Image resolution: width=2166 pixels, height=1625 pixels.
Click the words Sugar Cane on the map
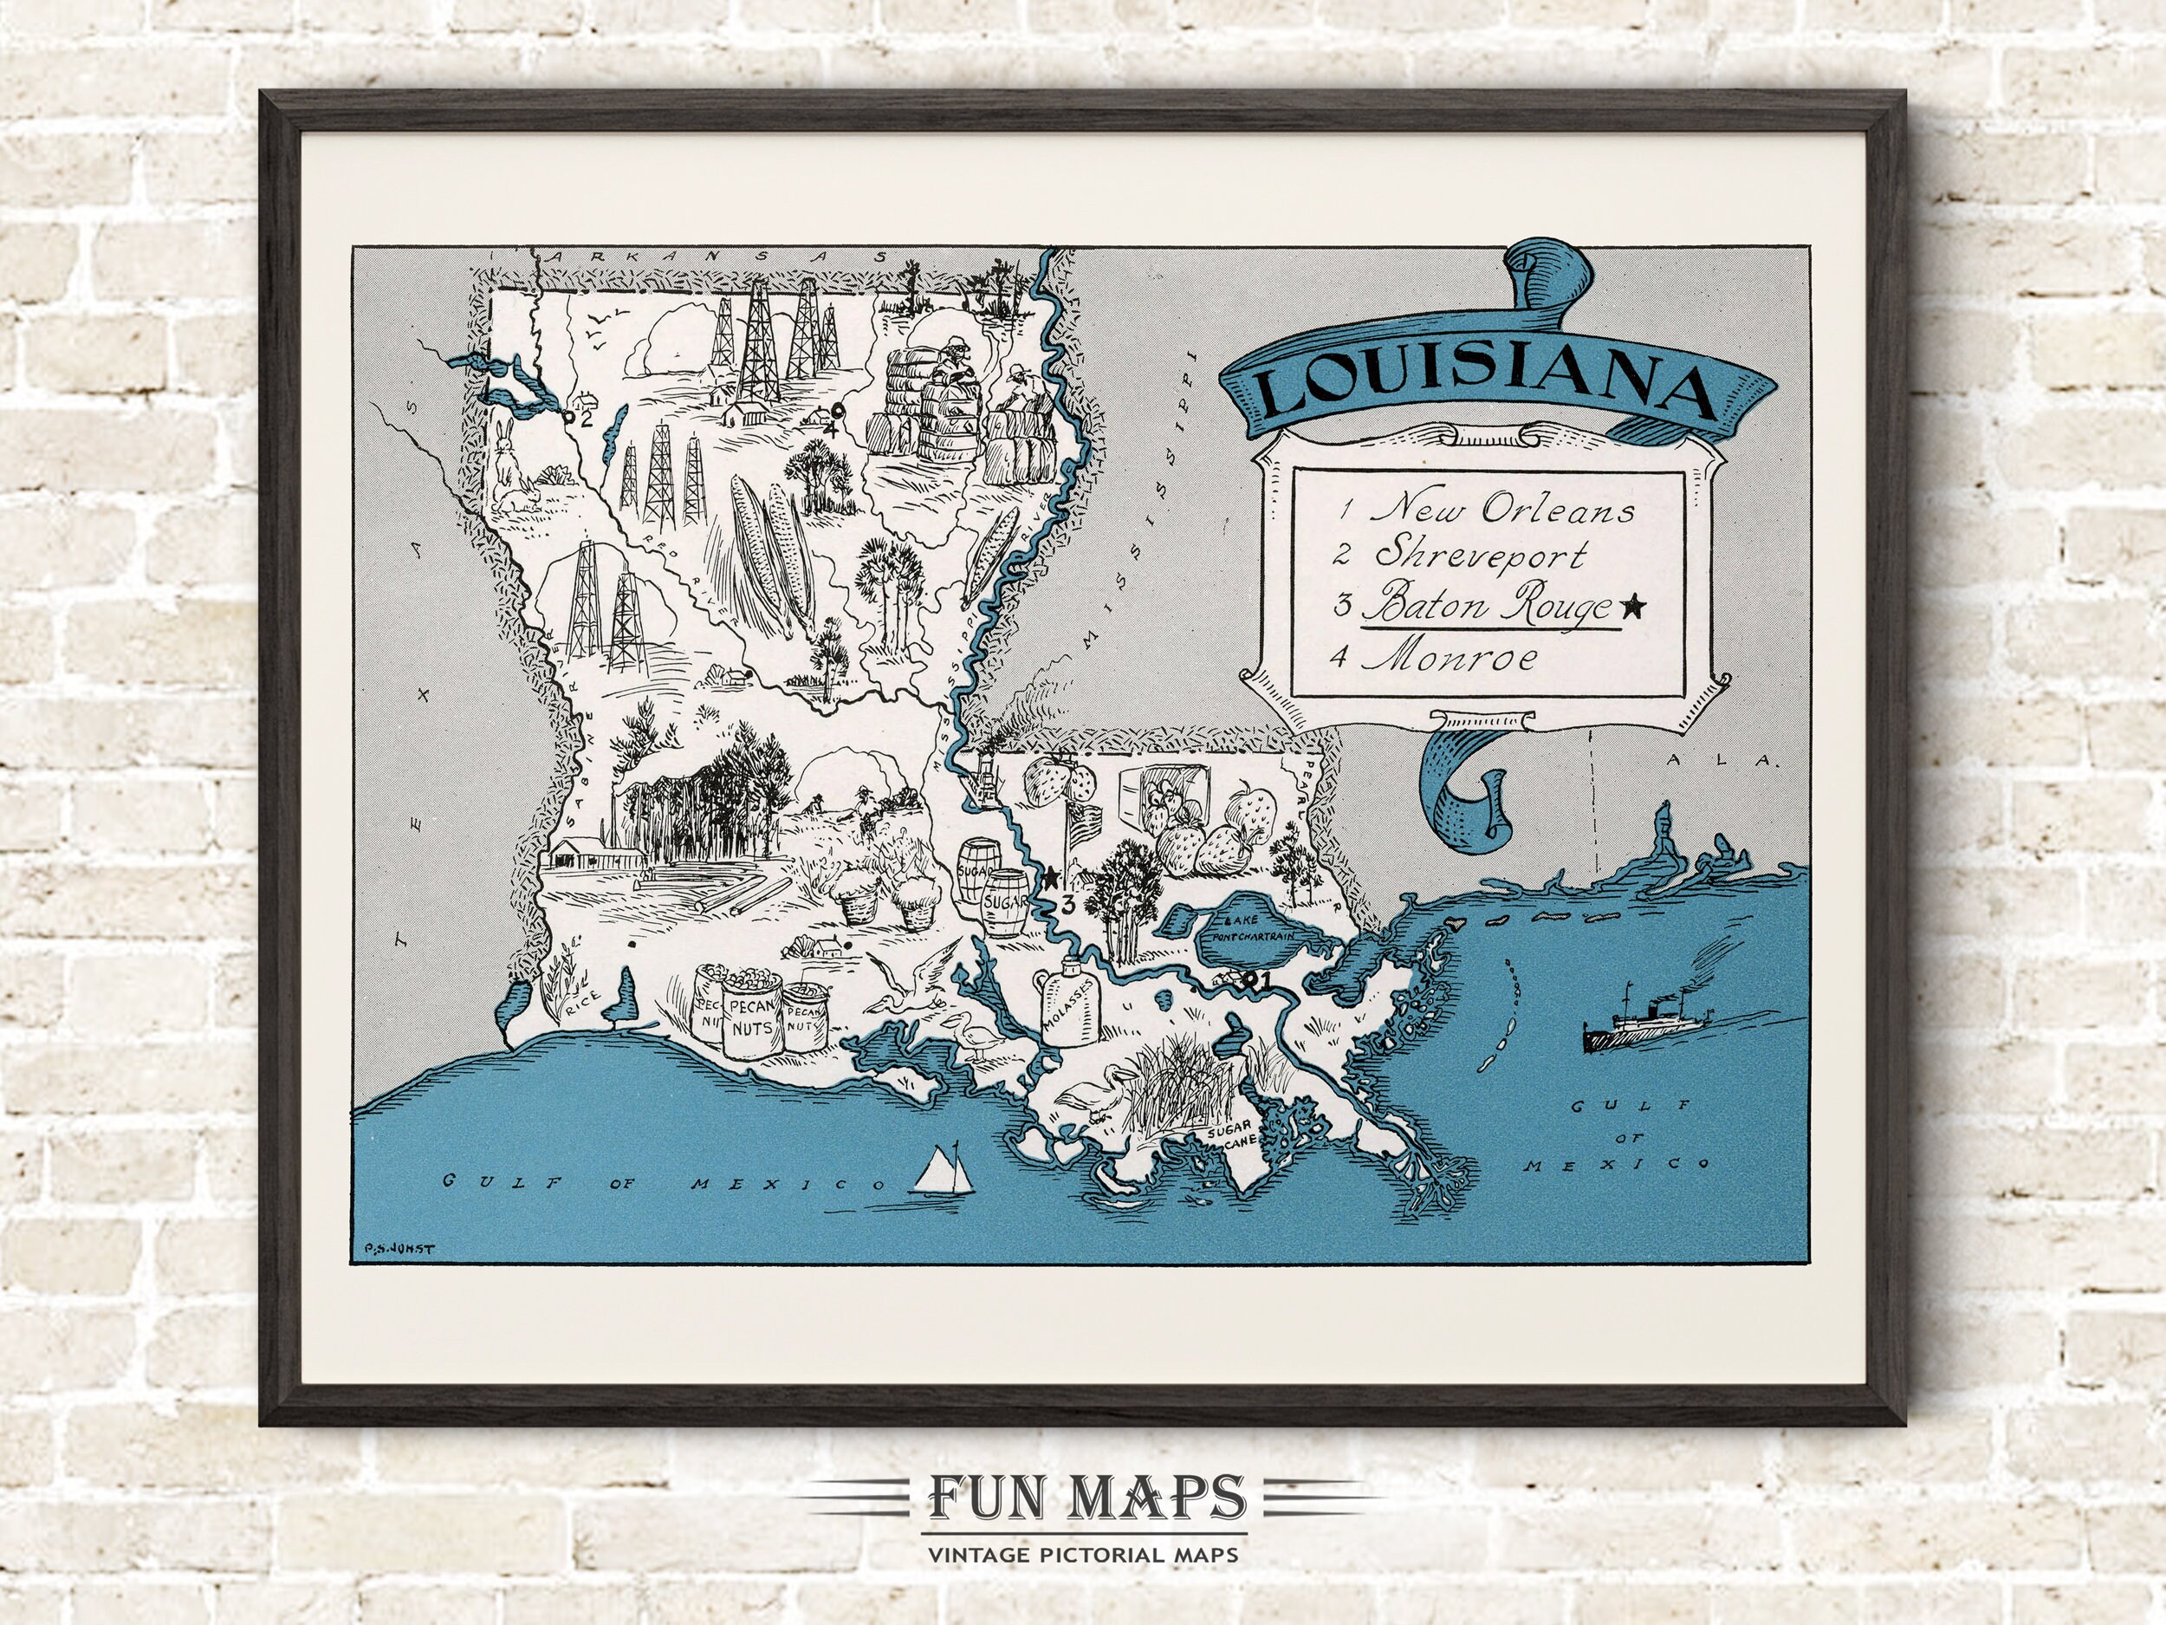(1224, 1134)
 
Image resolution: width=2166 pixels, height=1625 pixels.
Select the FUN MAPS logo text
(1083, 1497)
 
